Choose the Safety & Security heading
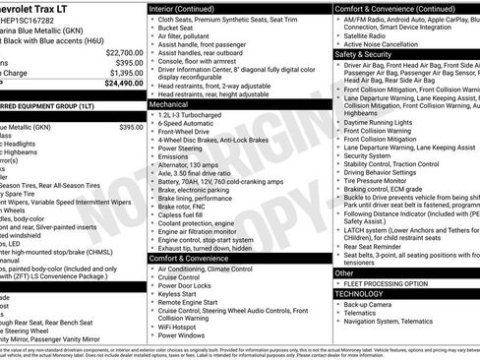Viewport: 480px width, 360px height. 366,54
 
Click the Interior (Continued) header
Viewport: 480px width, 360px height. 184,8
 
